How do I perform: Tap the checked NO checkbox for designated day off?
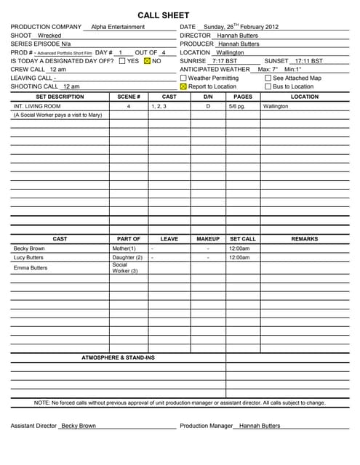point(147,61)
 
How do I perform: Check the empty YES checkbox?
point(122,61)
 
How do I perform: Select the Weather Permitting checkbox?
point(183,78)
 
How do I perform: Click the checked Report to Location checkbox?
point(183,86)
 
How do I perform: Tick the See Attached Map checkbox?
point(268,78)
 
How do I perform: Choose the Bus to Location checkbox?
point(268,86)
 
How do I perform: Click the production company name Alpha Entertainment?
point(118,27)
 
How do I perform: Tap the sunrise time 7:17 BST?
point(224,61)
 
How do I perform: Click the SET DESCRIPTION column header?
point(60,97)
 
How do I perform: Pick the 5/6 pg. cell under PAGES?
point(236,106)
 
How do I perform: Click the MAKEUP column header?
point(208,239)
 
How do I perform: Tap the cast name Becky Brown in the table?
point(29,248)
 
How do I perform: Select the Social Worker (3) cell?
point(124,268)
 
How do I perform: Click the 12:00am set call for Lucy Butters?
point(239,258)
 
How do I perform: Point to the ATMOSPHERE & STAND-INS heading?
point(118,357)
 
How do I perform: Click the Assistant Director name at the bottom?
point(78,426)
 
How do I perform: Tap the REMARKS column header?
point(304,239)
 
